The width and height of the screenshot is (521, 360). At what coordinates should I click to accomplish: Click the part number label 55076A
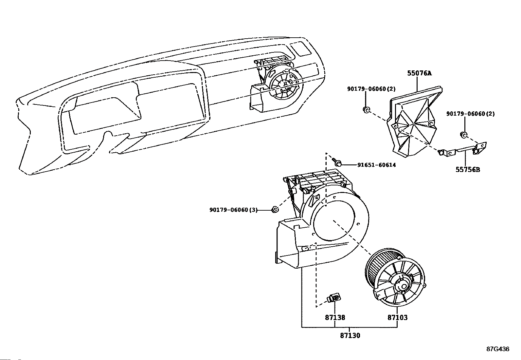click(x=419, y=73)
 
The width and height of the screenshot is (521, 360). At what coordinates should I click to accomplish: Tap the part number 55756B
click(x=468, y=170)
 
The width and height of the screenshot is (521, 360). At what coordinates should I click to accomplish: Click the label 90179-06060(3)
click(x=233, y=210)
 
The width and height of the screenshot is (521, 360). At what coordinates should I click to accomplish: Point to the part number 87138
click(x=335, y=317)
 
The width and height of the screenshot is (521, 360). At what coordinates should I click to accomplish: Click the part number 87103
click(x=397, y=317)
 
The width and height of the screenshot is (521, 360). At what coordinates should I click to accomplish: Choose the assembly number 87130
click(x=350, y=335)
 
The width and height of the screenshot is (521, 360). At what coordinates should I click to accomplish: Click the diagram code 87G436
click(x=498, y=349)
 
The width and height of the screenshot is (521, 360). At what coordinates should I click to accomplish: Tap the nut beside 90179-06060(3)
click(x=276, y=209)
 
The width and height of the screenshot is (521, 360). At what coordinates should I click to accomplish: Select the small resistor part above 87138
click(x=334, y=298)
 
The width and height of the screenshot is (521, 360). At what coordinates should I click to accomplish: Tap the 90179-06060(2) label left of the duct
click(x=371, y=88)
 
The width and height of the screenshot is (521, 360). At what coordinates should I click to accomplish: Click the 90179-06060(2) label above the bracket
click(x=470, y=114)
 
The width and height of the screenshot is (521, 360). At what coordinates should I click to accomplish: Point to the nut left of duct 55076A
click(x=367, y=110)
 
